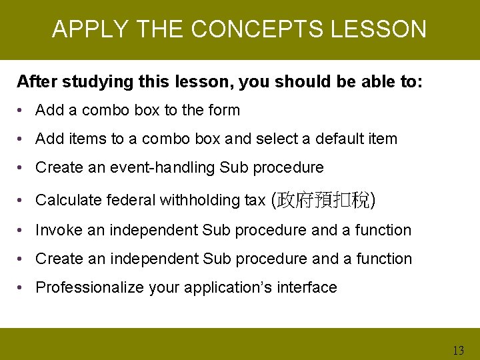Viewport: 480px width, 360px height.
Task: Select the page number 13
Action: click(458, 350)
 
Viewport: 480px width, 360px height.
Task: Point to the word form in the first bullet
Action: click(225, 110)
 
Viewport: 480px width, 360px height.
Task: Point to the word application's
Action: click(230, 287)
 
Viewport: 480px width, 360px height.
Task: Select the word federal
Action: click(129, 199)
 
